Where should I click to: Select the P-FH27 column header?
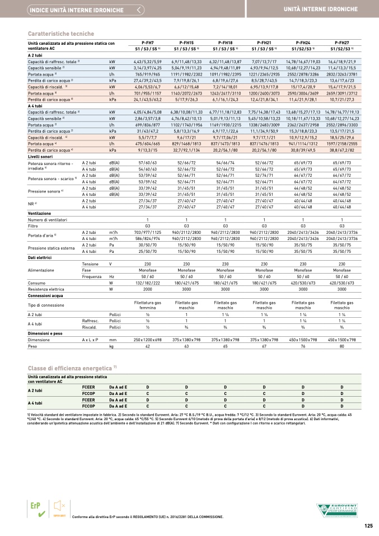coord(341,43)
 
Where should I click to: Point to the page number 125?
coord(368,525)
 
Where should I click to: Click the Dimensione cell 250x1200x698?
coord(147,340)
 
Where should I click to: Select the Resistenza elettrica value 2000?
coord(147,289)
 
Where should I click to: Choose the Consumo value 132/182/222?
coord(147,284)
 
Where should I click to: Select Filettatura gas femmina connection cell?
coord(147,305)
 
